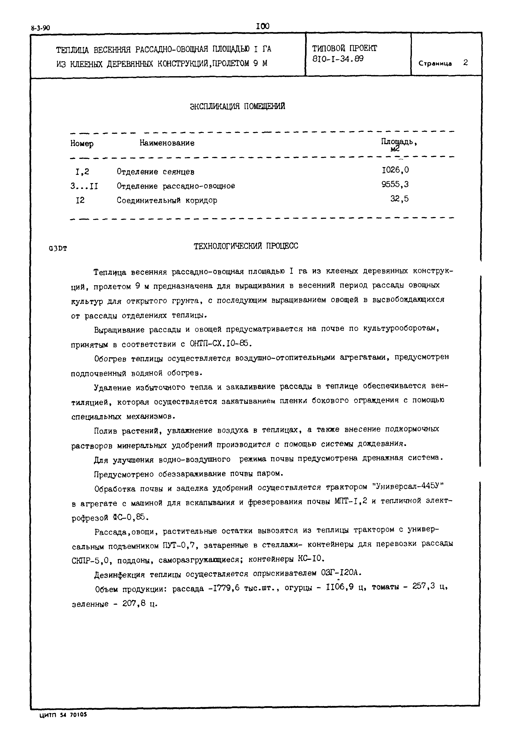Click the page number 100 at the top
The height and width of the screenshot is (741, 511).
pos(263,26)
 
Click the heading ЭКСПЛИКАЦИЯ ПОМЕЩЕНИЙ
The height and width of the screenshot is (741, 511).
pos(237,106)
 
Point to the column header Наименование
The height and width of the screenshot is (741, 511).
pos(167,143)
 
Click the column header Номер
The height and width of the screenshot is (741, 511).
pos(82,144)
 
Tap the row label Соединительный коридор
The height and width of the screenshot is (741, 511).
pos(167,200)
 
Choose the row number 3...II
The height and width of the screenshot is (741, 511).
pos(84,186)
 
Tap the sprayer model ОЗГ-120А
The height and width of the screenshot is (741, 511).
pos(341,573)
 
